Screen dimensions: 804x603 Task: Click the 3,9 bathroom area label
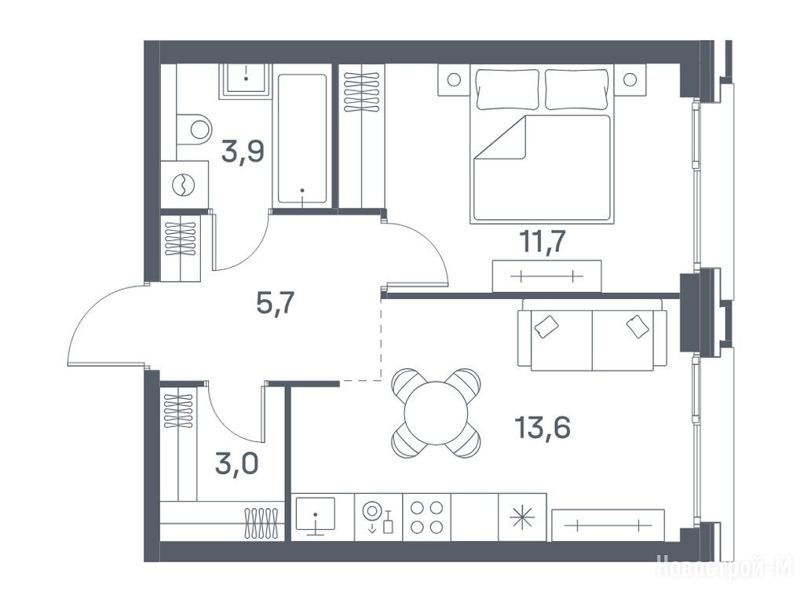[x=243, y=152]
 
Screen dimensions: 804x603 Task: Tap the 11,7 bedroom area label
[x=543, y=241]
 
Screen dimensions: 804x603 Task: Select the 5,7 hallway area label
[x=275, y=304]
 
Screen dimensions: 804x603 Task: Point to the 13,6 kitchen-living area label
[x=543, y=427]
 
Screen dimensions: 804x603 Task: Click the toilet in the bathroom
[x=194, y=130]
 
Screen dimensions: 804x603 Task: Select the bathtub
[x=302, y=139]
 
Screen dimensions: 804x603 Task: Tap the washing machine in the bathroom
[x=184, y=185]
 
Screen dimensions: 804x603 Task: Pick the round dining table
[x=437, y=413]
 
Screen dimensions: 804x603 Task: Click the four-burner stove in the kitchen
[x=426, y=517]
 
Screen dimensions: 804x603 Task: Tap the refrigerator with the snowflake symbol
[x=522, y=517]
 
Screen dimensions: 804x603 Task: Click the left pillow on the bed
[x=508, y=90]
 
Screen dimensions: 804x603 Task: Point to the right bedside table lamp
[x=630, y=79]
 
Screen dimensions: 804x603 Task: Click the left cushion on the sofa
[x=546, y=326]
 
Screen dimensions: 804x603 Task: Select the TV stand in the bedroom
[x=546, y=276]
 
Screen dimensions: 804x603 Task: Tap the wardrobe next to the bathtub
[x=361, y=136]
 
